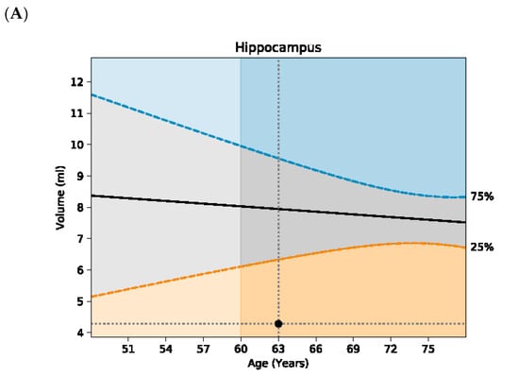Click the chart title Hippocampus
278,47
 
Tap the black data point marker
278,324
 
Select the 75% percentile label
482,197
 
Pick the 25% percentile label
482,247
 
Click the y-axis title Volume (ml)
60,197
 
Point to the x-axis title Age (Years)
278,364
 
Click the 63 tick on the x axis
278,349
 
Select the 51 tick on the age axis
128,349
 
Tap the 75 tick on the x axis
428,349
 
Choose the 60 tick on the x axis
241,349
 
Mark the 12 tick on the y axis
76,82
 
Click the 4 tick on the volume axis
80,333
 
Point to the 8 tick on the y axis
80,208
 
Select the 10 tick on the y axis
76,145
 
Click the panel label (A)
16,15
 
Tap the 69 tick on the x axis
353,349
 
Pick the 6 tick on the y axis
80,270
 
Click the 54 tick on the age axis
165,349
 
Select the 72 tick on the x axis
391,349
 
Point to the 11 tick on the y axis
76,113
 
